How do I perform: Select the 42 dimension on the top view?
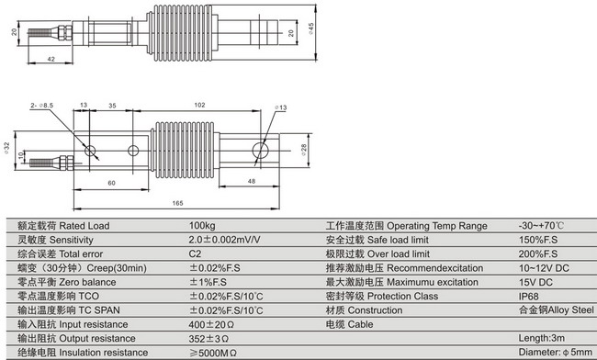(51, 60)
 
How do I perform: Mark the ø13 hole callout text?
(282, 108)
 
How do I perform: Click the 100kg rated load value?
(203, 226)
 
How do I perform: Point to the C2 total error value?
(195, 252)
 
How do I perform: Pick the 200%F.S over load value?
(537, 252)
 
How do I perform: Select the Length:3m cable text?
(542, 338)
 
